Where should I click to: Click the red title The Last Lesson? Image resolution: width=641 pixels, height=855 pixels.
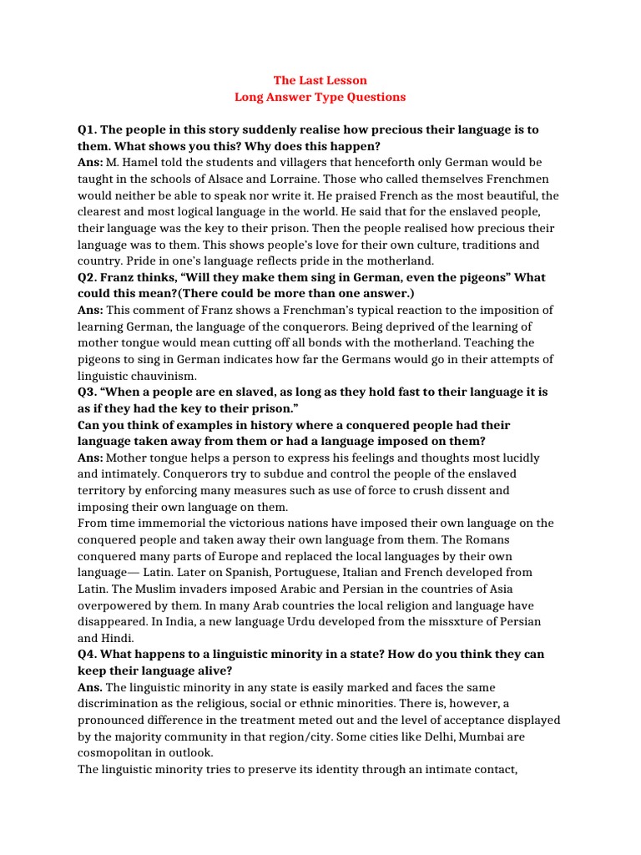click(x=320, y=81)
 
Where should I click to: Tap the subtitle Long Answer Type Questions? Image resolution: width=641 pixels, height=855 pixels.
click(x=320, y=97)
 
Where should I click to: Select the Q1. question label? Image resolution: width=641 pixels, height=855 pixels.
click(x=88, y=129)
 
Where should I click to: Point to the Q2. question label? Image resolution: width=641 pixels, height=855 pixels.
click(x=88, y=277)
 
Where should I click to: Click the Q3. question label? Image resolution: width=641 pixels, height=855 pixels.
click(x=88, y=392)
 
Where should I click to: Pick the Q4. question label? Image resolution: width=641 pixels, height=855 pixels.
click(x=88, y=654)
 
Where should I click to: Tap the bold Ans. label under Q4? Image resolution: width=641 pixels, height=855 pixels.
click(x=90, y=687)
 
